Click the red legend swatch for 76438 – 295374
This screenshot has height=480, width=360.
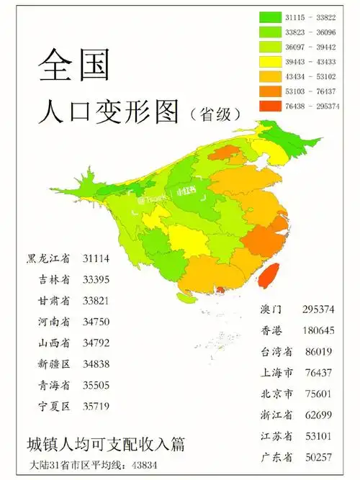(271, 106)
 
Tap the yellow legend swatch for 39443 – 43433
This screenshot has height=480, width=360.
(271, 61)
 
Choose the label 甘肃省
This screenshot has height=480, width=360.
(53, 301)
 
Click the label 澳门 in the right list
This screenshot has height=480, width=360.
(270, 309)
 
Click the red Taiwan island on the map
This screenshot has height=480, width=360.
(268, 274)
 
